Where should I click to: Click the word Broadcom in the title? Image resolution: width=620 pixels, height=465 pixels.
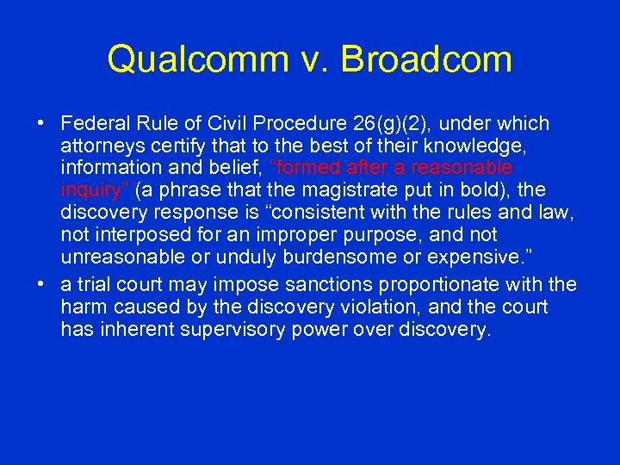point(427,59)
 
